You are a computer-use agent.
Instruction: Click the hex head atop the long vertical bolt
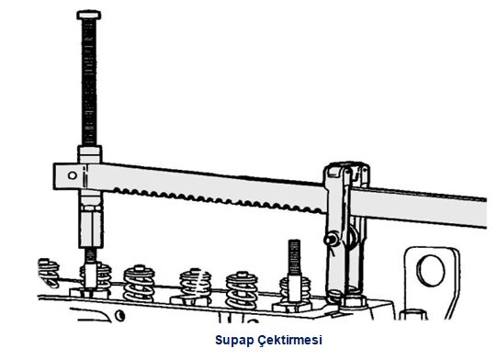click(89, 15)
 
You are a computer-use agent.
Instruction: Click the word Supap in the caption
click(232, 340)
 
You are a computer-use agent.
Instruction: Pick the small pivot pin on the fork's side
click(328, 241)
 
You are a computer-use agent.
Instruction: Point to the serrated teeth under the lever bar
click(202, 194)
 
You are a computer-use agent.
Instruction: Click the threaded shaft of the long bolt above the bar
click(89, 83)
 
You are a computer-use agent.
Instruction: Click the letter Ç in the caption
click(262, 340)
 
